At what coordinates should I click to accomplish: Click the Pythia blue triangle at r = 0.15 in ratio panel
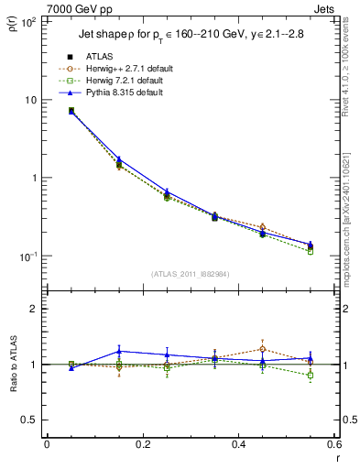coord(118,351)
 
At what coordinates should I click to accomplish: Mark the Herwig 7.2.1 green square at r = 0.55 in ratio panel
coord(310,376)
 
